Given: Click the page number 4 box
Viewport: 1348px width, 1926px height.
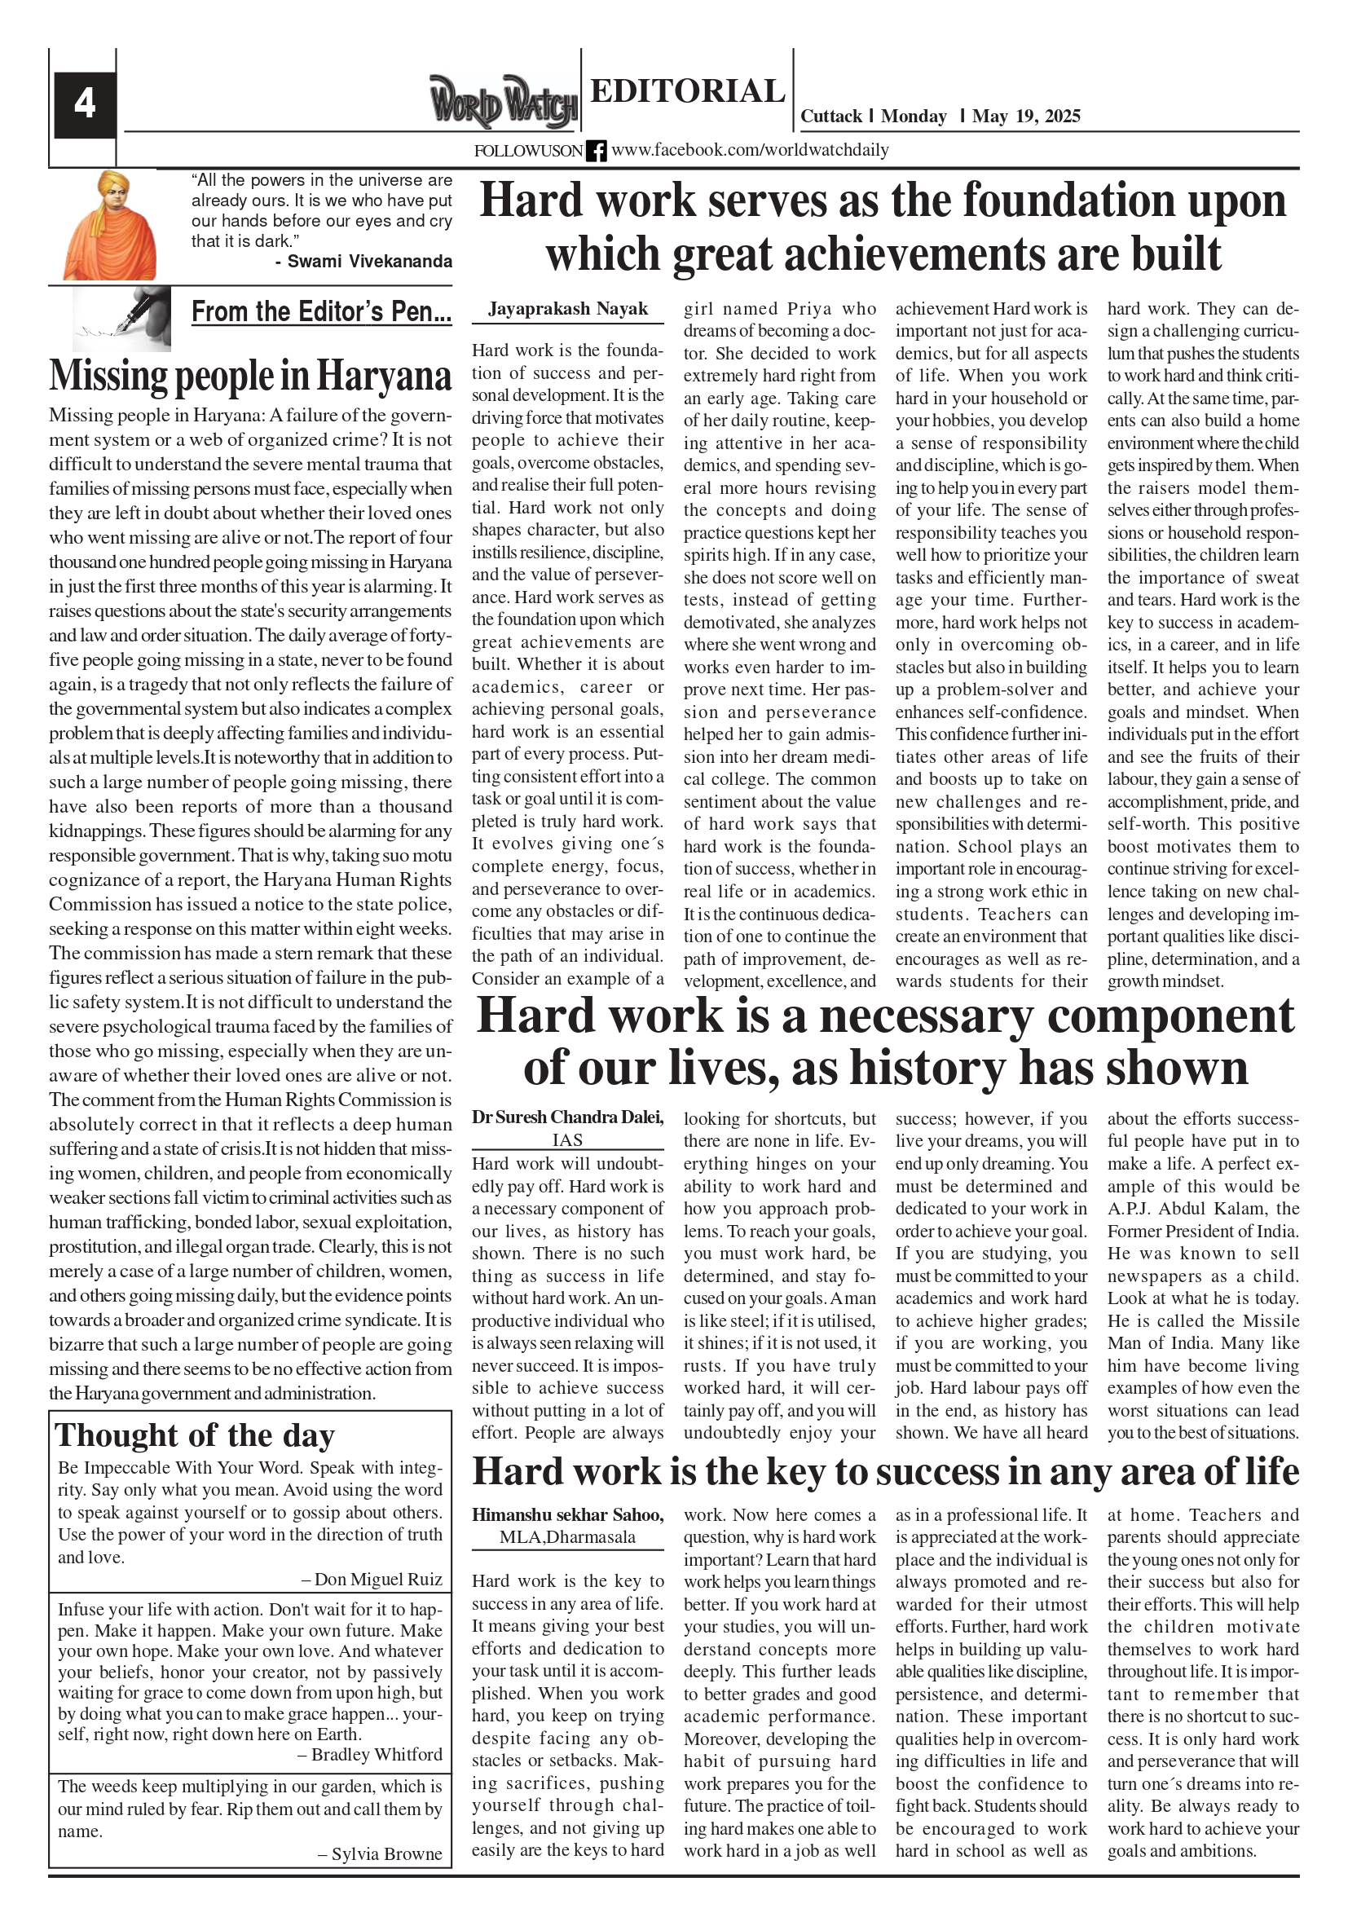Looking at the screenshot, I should point(85,105).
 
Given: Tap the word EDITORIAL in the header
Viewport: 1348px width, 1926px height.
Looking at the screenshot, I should point(687,91).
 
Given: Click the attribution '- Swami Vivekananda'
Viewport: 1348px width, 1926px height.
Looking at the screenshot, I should point(363,262).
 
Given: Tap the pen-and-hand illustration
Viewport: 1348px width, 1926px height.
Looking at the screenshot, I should point(122,319).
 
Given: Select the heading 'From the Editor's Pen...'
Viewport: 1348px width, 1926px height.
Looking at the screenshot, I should point(321,312).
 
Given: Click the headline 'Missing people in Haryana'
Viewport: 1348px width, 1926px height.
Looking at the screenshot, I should point(250,375).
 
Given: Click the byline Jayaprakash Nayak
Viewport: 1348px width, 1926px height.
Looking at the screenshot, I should point(568,309).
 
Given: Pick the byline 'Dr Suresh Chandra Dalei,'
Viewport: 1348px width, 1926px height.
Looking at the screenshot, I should point(568,1117).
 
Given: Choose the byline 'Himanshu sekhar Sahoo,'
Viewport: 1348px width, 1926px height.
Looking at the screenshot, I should point(568,1515).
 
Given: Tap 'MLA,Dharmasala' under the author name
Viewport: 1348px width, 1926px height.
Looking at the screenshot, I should point(568,1537).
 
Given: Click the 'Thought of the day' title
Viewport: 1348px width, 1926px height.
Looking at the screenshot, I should point(196,1436).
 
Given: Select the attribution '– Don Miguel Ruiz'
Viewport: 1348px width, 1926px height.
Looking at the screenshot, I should point(372,1580).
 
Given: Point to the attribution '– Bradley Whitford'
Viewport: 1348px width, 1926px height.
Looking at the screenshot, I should point(370,1755).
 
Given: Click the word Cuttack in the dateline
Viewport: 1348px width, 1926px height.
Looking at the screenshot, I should point(831,117).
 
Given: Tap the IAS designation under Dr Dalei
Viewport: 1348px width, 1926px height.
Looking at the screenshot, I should point(568,1140).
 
